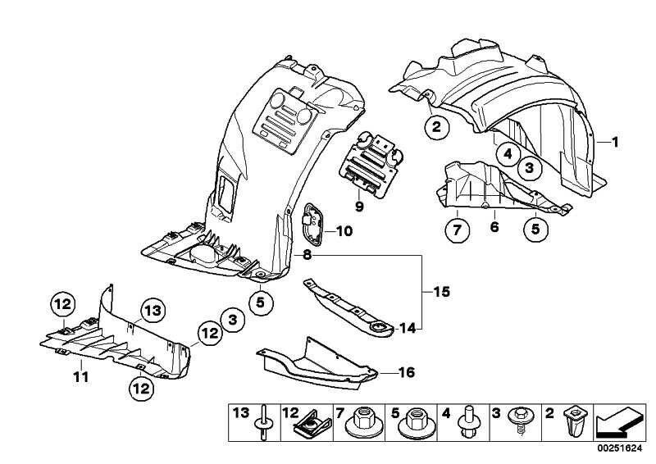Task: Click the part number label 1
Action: [x=614, y=142]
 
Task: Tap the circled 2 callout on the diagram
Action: [x=436, y=126]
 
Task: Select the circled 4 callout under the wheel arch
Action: [x=508, y=152]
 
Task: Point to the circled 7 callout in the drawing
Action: [x=457, y=229]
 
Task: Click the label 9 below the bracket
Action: [x=358, y=206]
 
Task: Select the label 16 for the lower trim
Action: [x=407, y=373]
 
